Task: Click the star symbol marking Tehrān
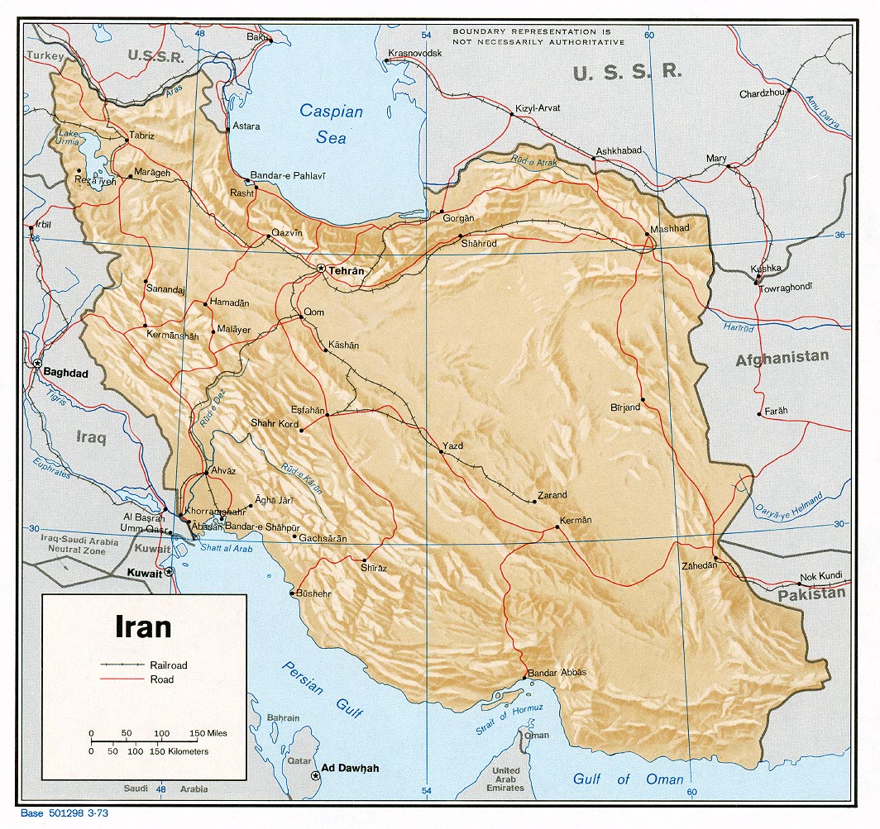tap(322, 268)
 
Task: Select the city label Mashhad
tap(669, 228)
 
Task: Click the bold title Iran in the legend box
tap(143, 626)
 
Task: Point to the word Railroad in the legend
tap(169, 665)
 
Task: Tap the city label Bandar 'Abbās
tap(557, 672)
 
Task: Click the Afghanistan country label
tap(782, 357)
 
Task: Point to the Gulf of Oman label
tap(629, 779)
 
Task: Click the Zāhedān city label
tap(698, 565)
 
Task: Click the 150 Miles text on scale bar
tap(208, 733)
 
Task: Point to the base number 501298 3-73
tap(65, 813)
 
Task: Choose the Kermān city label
tap(576, 520)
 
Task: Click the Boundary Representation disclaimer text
tap(538, 36)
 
